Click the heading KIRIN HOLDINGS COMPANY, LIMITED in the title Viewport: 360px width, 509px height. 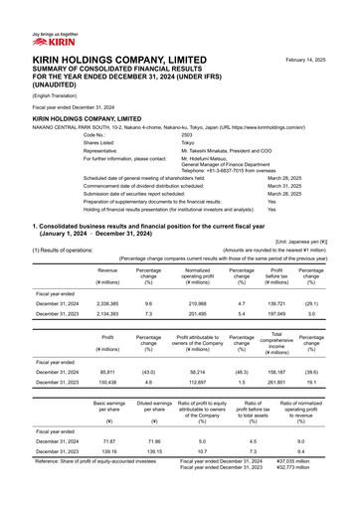point(94,62)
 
